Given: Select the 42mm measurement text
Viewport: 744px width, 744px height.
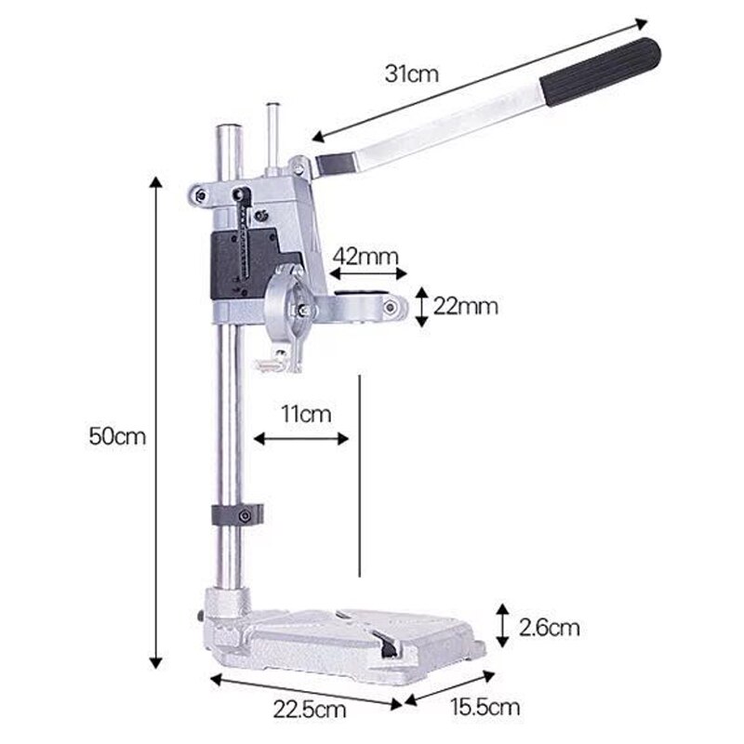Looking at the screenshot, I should pyautogui.click(x=366, y=255).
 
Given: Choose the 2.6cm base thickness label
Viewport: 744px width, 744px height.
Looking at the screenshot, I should pyautogui.click(x=549, y=628).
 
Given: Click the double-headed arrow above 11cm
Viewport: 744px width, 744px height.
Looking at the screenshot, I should pyautogui.click(x=301, y=438).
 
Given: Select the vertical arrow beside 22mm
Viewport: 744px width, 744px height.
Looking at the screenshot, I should pyautogui.click(x=421, y=306).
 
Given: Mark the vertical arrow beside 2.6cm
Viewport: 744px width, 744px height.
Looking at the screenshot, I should pyautogui.click(x=501, y=625).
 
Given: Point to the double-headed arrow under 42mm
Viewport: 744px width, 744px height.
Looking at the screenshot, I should pyautogui.click(x=367, y=273).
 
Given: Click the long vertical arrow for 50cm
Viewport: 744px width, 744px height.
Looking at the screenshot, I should pyautogui.click(x=155, y=423).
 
